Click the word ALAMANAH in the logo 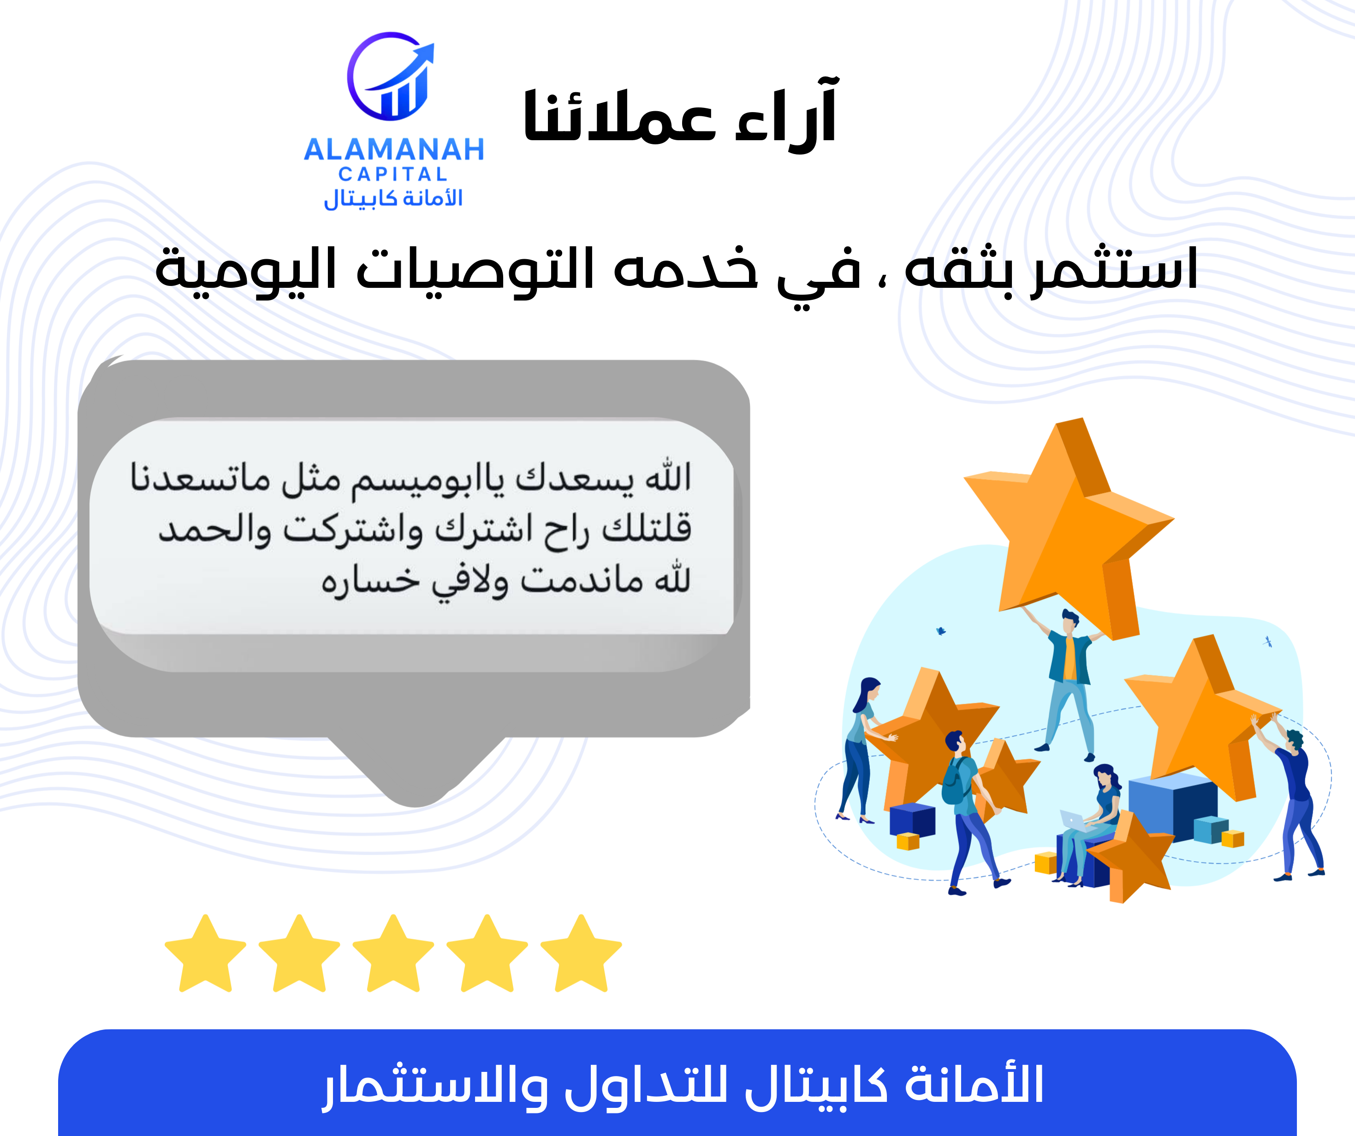point(393,150)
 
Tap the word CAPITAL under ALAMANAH point(393,174)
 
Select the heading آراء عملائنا point(680,116)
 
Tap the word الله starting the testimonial point(668,478)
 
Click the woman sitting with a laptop point(1097,820)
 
